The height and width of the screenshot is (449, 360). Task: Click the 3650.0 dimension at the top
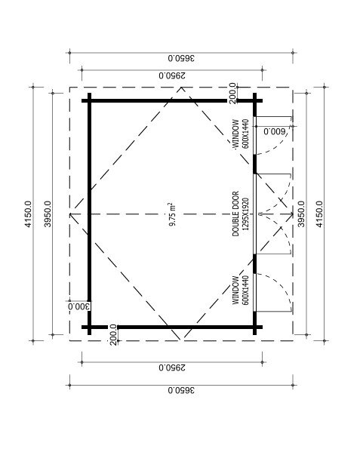coord(181,58)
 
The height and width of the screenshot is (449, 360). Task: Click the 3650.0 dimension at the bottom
coord(181,390)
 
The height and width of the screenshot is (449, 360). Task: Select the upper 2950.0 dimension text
coord(172,75)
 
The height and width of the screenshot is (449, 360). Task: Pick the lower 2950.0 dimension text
coord(172,368)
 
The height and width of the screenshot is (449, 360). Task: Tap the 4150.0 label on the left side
coord(28,214)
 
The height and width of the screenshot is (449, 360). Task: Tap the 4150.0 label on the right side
coord(319,214)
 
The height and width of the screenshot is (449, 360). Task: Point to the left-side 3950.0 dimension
coord(48,214)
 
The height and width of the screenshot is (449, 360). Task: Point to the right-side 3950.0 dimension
coord(301,214)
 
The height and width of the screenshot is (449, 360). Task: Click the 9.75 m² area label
coord(172,214)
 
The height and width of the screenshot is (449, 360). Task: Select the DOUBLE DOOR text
coord(235,214)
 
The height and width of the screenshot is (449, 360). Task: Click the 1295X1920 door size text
coord(245,214)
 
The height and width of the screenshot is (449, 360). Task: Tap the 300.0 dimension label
coord(79,306)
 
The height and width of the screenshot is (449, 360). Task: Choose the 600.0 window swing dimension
coord(275,132)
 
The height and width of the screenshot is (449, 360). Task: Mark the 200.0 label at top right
coord(232,93)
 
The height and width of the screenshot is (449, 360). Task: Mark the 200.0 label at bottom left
coord(113,335)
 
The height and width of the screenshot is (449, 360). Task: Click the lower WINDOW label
coord(235,290)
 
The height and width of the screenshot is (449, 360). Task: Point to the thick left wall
coord(89,214)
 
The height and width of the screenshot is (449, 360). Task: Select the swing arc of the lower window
coord(282,283)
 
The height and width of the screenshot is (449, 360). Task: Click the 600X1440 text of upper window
coord(245,137)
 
